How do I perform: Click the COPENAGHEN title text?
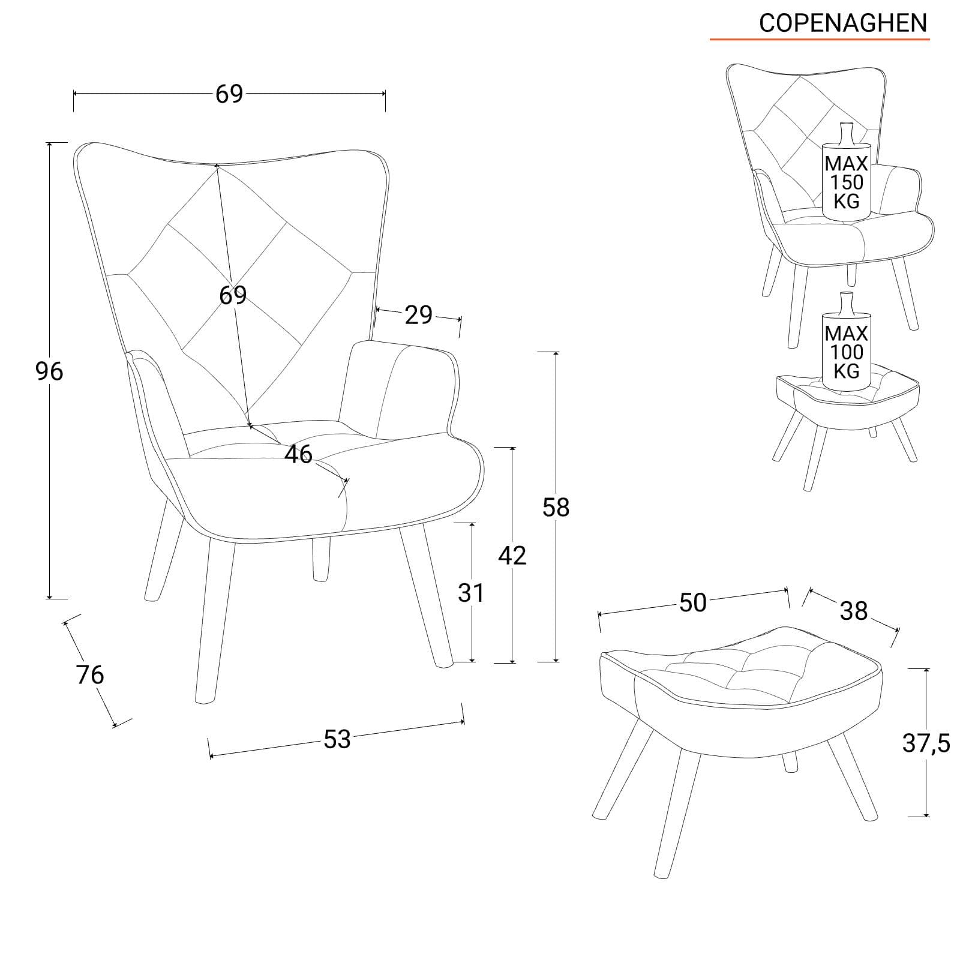(x=843, y=23)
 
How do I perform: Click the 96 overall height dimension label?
(x=49, y=372)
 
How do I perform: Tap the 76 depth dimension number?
(x=90, y=675)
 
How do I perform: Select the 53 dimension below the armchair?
(x=337, y=739)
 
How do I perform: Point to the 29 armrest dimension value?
(x=418, y=315)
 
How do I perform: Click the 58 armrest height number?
(x=556, y=508)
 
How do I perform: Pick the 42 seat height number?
(x=512, y=556)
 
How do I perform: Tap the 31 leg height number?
(x=471, y=593)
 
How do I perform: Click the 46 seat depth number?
(x=299, y=454)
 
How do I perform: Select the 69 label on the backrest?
(x=233, y=295)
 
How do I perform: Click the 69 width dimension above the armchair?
(x=229, y=94)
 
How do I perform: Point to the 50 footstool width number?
(x=693, y=603)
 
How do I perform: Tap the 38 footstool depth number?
(x=854, y=611)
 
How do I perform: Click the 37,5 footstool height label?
(x=926, y=744)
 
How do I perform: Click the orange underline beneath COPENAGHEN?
(x=820, y=40)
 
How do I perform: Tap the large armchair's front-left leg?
(x=215, y=621)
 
